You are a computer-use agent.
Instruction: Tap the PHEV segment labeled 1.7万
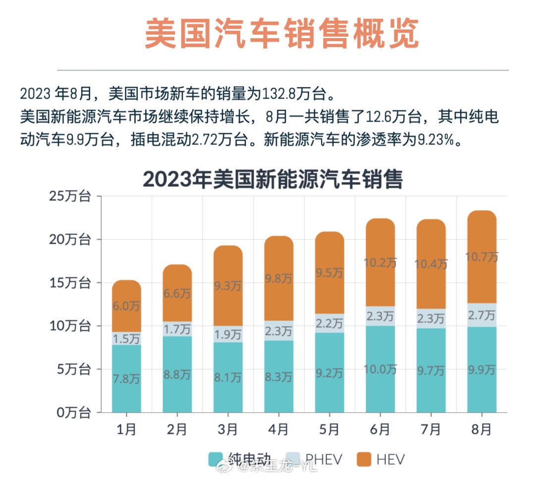click(x=177, y=329)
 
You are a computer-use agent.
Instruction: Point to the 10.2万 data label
click(x=380, y=262)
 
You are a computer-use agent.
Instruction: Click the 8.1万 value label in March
click(x=228, y=377)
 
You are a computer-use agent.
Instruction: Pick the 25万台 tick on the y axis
click(x=70, y=196)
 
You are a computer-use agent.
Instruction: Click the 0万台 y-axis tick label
click(x=73, y=412)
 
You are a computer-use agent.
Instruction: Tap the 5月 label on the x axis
click(x=329, y=429)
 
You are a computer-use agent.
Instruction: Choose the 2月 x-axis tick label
click(x=177, y=429)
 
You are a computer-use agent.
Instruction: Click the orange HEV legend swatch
click(x=364, y=459)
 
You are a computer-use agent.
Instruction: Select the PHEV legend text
click(x=323, y=459)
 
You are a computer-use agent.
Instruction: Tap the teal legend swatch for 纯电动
click(x=216, y=459)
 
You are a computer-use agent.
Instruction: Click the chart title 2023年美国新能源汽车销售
click(x=273, y=179)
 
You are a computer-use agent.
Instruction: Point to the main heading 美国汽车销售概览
click(x=282, y=34)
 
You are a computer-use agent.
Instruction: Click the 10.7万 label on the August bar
click(x=481, y=257)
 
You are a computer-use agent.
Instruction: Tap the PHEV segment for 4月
click(x=278, y=331)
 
